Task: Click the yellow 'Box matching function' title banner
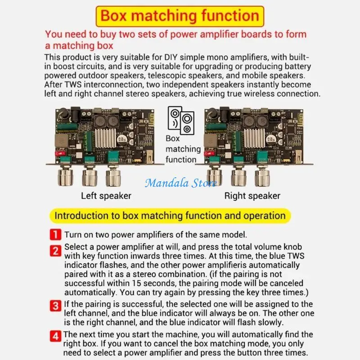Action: [x=180, y=16]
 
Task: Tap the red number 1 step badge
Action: [x=55, y=234]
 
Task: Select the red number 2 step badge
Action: [x=55, y=251]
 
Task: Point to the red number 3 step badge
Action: [x=55, y=306]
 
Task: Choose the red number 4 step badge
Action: [x=55, y=336]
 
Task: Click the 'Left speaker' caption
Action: [x=106, y=196]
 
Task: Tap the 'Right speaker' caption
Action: [x=252, y=196]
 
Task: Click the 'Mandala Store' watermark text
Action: [x=181, y=183]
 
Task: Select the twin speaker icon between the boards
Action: [x=181, y=120]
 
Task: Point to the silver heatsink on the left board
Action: [x=105, y=138]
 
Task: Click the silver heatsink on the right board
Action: [x=254, y=138]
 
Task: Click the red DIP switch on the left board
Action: [x=60, y=153]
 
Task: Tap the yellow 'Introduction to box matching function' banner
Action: [x=170, y=216]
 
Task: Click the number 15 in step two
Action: [x=136, y=283]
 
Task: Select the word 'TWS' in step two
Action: [x=296, y=256]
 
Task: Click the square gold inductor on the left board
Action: [x=61, y=140]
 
